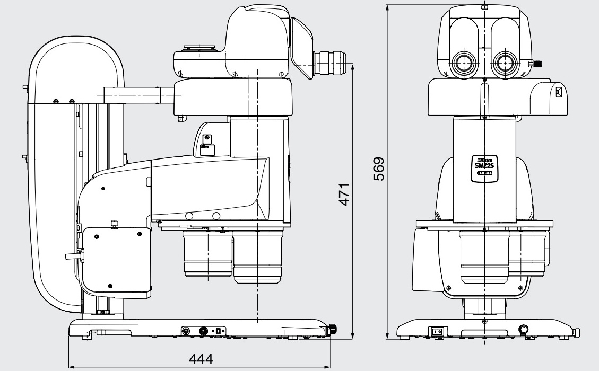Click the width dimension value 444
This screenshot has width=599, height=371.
pos(201,360)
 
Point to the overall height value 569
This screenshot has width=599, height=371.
pos(378,169)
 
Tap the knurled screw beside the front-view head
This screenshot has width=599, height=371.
pos(538,64)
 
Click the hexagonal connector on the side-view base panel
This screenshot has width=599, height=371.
pos(186,331)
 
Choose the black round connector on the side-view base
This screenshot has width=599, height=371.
pos(203,331)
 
